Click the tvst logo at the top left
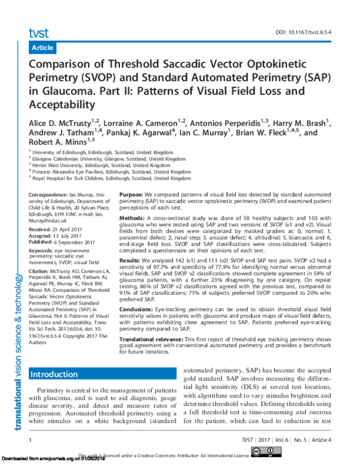39,32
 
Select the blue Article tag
42,47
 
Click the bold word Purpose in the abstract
131,195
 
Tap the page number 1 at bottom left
30,441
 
